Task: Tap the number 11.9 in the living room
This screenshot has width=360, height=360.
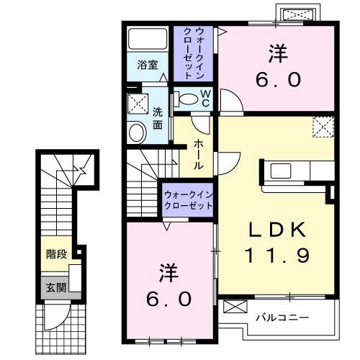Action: pos(278,253)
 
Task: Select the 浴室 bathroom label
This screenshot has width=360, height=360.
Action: pos(148,63)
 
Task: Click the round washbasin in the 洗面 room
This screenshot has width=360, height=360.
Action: pos(135,132)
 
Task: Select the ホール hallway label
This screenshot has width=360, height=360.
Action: pos(197,154)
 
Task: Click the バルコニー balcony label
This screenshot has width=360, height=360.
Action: pos(282,317)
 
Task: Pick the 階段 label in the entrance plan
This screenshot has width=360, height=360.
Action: pos(55,253)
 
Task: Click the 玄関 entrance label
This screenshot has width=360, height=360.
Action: pos(55,287)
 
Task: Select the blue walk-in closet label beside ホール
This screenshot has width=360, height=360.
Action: pos(188,199)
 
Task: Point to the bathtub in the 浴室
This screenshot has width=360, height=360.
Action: pos(148,39)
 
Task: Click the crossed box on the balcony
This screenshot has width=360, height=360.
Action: pos(235,306)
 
